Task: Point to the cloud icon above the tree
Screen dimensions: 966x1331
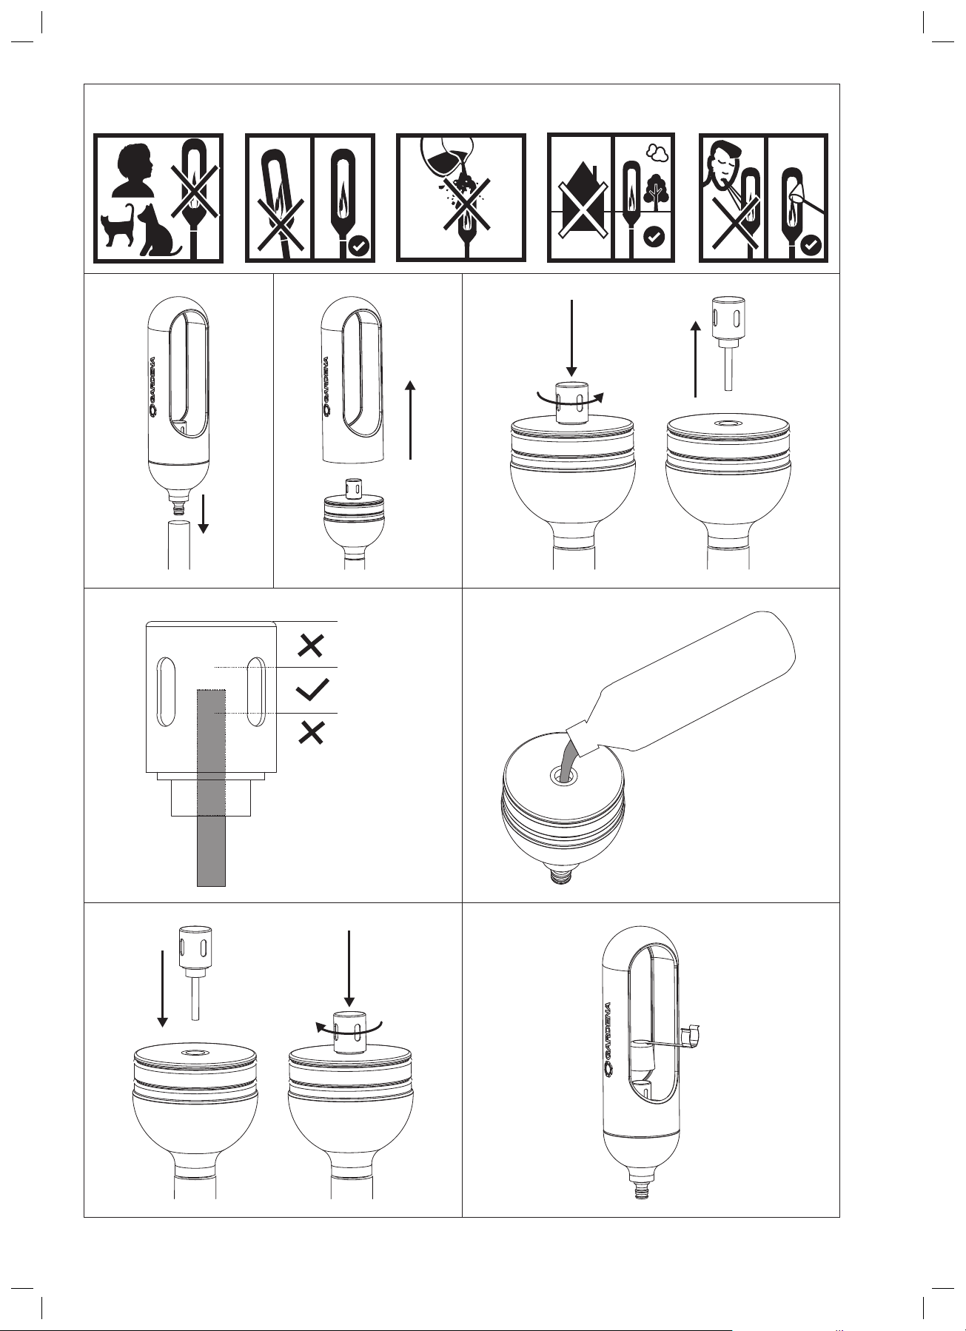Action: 657,152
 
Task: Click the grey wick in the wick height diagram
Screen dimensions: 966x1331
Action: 211,787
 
